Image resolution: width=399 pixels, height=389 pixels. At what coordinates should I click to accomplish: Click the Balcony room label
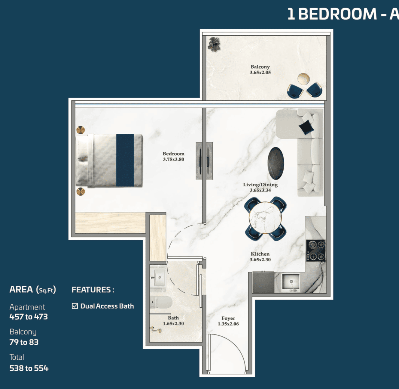tap(260, 67)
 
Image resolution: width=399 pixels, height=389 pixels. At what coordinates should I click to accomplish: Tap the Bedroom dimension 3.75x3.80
tap(173, 159)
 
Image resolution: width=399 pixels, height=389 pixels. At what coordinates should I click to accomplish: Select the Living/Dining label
tap(260, 185)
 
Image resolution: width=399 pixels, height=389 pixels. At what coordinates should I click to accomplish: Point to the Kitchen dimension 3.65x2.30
tap(260, 260)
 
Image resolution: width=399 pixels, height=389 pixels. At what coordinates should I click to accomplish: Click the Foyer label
tap(228, 318)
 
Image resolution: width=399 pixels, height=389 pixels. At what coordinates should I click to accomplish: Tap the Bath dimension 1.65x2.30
tap(173, 323)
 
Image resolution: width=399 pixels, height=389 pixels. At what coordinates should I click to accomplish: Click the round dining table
tap(265, 218)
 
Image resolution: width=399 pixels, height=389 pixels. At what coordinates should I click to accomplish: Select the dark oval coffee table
tap(276, 163)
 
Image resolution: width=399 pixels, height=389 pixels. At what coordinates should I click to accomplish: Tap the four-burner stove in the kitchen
tap(315, 251)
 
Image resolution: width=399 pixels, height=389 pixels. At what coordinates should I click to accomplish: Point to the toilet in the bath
tap(161, 302)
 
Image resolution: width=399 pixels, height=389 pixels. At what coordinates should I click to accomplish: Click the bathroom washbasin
tap(159, 278)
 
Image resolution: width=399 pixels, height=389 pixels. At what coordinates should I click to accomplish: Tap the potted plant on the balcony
tap(214, 44)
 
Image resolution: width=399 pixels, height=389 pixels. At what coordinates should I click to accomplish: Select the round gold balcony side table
tap(304, 79)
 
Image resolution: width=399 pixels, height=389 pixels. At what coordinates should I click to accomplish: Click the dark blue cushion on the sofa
tap(306, 127)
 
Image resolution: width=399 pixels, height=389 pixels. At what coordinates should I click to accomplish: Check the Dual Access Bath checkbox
tap(75, 306)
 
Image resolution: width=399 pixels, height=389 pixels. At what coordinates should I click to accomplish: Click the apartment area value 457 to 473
tap(29, 317)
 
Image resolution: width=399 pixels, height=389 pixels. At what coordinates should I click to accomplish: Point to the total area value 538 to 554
tap(29, 368)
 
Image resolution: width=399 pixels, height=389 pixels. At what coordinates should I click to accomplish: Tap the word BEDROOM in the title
tap(338, 14)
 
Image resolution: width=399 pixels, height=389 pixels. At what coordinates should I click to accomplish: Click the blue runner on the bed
tap(125, 160)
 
